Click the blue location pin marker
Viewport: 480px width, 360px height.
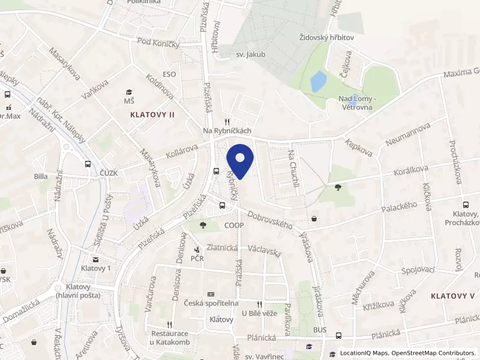[240, 160]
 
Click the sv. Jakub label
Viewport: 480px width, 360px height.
[250, 55]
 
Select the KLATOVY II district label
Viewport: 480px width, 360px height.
[152, 114]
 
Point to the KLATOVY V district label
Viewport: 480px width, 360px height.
[452, 296]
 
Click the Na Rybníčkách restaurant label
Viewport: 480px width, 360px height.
[227, 131]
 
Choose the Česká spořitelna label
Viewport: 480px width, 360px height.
[211, 304]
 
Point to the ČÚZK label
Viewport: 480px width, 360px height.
[109, 173]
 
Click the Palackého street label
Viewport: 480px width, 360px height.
[400, 206]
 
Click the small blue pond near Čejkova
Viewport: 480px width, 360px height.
[319, 81]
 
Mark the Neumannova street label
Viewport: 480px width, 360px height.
[409, 133]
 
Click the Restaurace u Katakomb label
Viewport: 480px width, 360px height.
[170, 337]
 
